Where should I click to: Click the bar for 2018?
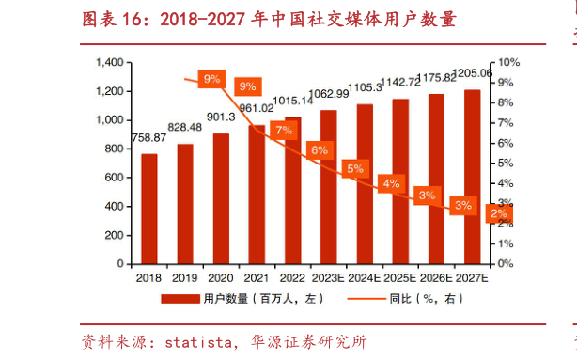coord(149,209)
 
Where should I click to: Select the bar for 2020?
coord(221,198)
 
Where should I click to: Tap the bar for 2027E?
coord(472,177)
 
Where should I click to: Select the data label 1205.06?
coord(473,73)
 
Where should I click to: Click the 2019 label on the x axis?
coord(184,277)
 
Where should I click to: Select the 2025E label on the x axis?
coord(400,277)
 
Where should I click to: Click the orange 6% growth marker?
coord(320,150)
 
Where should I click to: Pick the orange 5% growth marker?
coord(355,169)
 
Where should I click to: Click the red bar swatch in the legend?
coord(179,299)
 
